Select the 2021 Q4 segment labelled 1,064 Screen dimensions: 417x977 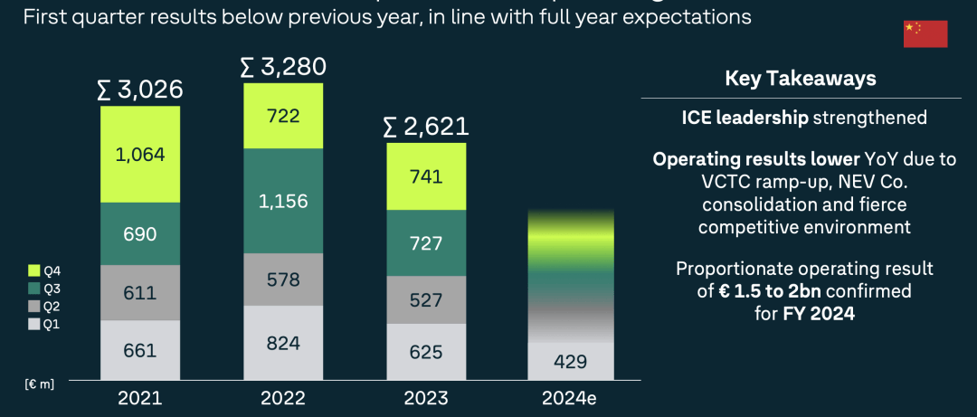click(140, 155)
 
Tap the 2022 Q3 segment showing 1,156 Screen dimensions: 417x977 click(283, 201)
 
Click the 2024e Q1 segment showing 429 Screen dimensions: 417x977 click(570, 361)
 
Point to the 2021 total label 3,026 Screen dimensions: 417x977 click(140, 90)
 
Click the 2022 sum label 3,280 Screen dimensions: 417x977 click(283, 67)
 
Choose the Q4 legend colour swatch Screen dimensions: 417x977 click(34, 270)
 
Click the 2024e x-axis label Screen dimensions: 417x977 click(570, 398)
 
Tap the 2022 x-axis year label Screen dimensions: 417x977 click(283, 398)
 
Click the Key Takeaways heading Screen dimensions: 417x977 click(801, 79)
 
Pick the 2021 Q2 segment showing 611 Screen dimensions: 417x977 click(140, 292)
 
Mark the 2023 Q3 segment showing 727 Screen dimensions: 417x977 click(427, 242)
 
